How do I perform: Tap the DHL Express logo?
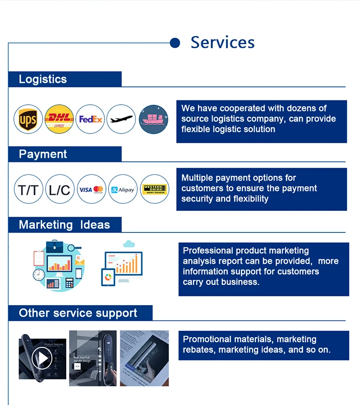tap(60, 119)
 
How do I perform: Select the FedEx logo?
tap(91, 119)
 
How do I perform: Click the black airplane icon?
tap(121, 119)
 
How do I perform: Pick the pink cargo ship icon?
tap(154, 119)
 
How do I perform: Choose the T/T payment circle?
tap(29, 189)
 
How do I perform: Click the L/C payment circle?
tap(60, 189)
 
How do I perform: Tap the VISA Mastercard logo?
tap(91, 189)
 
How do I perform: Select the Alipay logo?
tap(123, 189)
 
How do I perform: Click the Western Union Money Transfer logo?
tap(155, 189)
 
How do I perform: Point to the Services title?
tap(222, 42)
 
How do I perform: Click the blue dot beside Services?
tap(175, 43)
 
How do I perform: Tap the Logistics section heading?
tap(43, 79)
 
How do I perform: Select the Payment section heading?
tap(43, 154)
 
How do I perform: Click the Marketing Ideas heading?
tap(64, 225)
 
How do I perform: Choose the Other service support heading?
tap(78, 313)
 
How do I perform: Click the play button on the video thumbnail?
tap(42, 357)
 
